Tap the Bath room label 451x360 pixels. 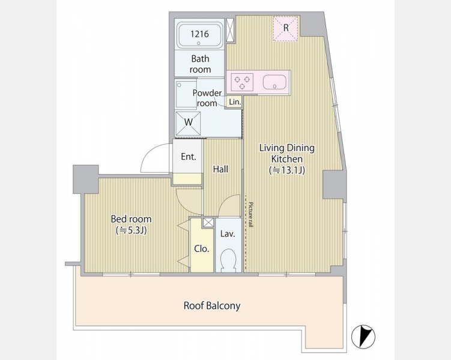(x=200, y=64)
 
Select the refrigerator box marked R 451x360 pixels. (x=285, y=29)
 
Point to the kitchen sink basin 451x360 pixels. (x=274, y=82)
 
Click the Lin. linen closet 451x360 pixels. (x=235, y=102)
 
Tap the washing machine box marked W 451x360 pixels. (x=188, y=123)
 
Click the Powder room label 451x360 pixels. (x=207, y=98)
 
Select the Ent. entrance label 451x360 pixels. (x=189, y=157)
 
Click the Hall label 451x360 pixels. (x=220, y=169)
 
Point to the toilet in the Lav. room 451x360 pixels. (x=228, y=260)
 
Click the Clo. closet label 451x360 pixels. (x=201, y=249)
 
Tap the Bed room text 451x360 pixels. (x=131, y=219)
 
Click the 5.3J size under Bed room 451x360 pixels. (x=131, y=230)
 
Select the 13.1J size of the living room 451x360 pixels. (x=287, y=170)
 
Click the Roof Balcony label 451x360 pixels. (x=212, y=305)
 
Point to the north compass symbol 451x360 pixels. (x=363, y=336)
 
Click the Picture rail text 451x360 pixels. (x=251, y=215)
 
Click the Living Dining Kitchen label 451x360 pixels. (x=287, y=153)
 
